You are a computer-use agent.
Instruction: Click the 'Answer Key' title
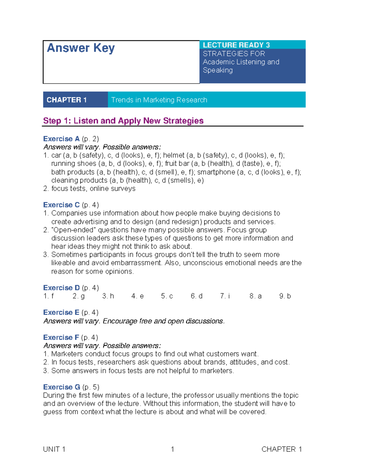[81, 48]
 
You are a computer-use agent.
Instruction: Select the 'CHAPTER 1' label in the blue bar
[67, 100]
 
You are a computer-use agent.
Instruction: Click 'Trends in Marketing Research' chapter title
[159, 100]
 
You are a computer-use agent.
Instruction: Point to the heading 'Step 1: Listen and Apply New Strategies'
[123, 121]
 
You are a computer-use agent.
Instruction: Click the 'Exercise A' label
[61, 139]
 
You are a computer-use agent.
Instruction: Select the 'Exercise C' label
[61, 205]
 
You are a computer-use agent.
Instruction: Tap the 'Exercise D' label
[61, 288]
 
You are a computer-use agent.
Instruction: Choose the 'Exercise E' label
[61, 313]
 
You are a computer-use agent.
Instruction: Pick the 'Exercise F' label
[61, 337]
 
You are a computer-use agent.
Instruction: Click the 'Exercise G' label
[61, 387]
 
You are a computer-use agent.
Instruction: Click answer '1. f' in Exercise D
[49, 296]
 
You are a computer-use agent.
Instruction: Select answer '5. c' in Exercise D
[167, 296]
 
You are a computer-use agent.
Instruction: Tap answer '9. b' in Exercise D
[285, 296]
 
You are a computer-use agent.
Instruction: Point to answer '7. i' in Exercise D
[225, 296]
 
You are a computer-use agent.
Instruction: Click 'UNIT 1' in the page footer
[54, 449]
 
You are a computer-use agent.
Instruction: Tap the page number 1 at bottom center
[172, 449]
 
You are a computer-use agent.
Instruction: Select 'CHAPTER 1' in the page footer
[282, 449]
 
